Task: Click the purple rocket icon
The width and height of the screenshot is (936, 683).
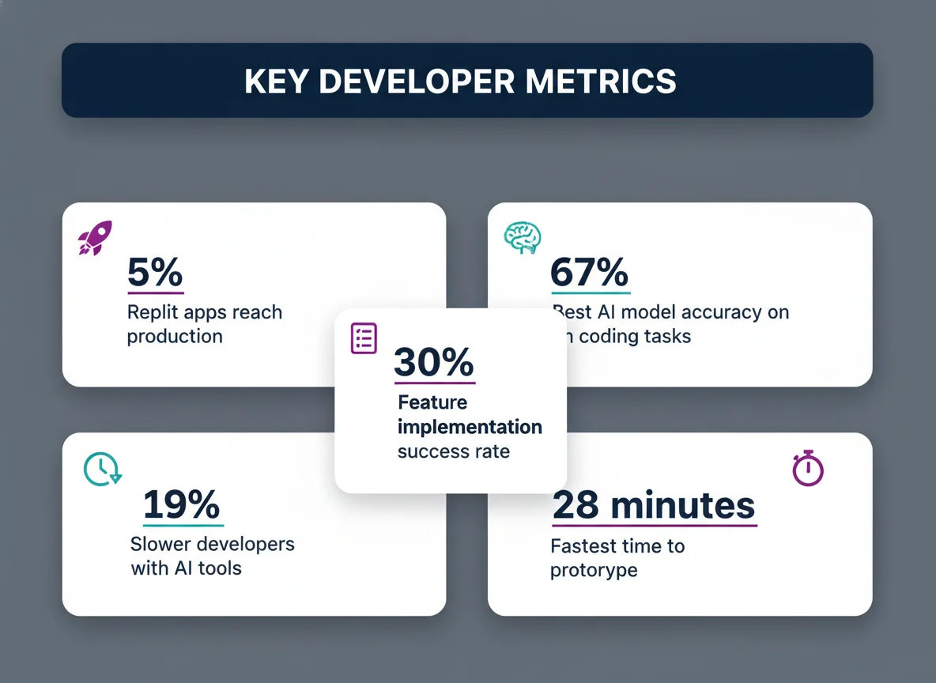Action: point(95,237)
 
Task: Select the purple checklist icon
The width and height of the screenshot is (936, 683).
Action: point(364,338)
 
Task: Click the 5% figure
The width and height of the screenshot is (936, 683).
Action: point(155,274)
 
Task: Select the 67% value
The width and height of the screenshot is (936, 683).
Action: point(590,274)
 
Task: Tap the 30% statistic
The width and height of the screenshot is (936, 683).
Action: point(433,363)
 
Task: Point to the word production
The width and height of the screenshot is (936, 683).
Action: point(175,337)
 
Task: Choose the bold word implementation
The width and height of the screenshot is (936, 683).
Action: point(470,427)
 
